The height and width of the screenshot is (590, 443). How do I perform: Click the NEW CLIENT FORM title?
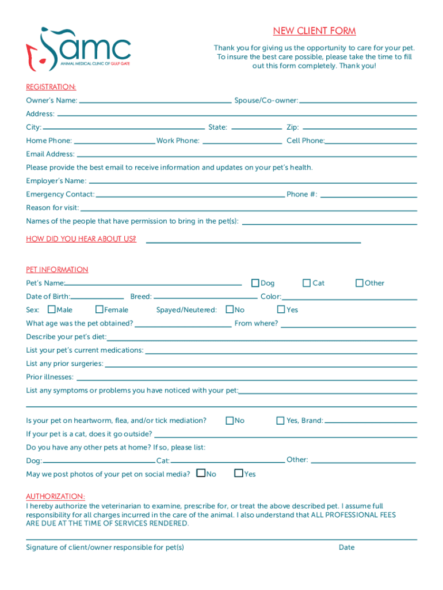pyautogui.click(x=314, y=31)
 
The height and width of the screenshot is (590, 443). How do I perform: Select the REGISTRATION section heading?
pyautogui.click(x=51, y=87)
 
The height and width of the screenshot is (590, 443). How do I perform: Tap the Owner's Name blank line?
pyautogui.click(x=155, y=101)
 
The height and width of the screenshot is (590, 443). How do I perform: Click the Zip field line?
pyautogui.click(x=360, y=128)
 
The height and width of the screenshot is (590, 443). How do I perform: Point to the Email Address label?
pyautogui.click(x=50, y=154)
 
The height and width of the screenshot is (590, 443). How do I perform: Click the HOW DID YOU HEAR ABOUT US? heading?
pyautogui.click(x=81, y=239)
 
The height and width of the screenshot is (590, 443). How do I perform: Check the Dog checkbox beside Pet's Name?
pyautogui.click(x=255, y=283)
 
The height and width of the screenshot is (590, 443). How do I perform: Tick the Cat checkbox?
pyautogui.click(x=307, y=283)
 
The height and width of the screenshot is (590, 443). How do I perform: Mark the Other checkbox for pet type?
pyautogui.click(x=360, y=283)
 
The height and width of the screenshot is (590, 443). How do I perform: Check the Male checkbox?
pyautogui.click(x=52, y=309)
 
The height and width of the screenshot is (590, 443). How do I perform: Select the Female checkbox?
pyautogui.click(x=100, y=309)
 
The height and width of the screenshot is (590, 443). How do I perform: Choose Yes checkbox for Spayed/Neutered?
pyautogui.click(x=281, y=309)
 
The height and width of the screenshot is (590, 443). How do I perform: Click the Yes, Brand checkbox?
pyautogui.click(x=281, y=421)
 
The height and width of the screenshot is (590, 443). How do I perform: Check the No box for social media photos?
pyautogui.click(x=201, y=474)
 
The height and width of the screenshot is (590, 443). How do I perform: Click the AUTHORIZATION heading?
pyautogui.click(x=55, y=497)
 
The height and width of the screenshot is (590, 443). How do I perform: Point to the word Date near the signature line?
pyautogui.click(x=346, y=547)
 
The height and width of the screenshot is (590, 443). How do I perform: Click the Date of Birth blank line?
pyautogui.click(x=97, y=298)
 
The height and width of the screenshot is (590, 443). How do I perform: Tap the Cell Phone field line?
pyautogui.click(x=371, y=142)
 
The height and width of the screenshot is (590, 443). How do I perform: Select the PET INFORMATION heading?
pyautogui.click(x=57, y=270)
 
